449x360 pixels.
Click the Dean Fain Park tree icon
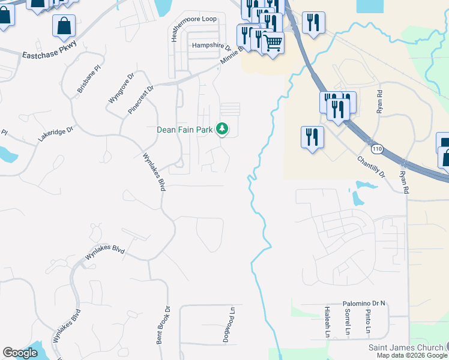222,129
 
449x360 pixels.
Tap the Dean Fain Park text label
185,129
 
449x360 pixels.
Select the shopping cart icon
273,43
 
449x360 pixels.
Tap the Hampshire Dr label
211,46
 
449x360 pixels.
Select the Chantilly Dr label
370,166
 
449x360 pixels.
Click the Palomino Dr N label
364,304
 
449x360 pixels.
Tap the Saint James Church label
405,348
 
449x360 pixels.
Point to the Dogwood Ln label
227,326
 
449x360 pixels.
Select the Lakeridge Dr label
55,133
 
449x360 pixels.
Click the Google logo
20,353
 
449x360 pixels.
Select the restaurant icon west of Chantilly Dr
312,136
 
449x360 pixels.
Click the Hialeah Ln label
328,326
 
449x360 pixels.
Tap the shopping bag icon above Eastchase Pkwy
64,26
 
